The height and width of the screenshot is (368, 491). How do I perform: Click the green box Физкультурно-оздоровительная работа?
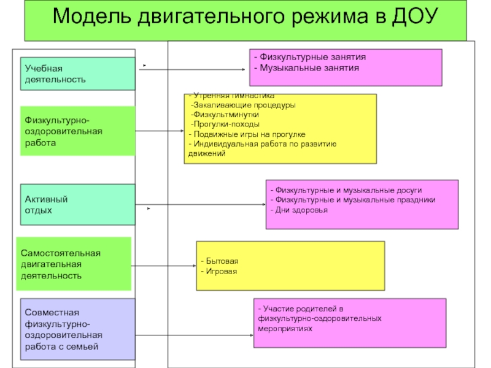tap(77, 131)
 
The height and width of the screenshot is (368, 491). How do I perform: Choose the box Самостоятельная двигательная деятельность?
tap(74, 264)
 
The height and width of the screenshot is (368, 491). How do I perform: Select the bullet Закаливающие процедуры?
tap(244, 105)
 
